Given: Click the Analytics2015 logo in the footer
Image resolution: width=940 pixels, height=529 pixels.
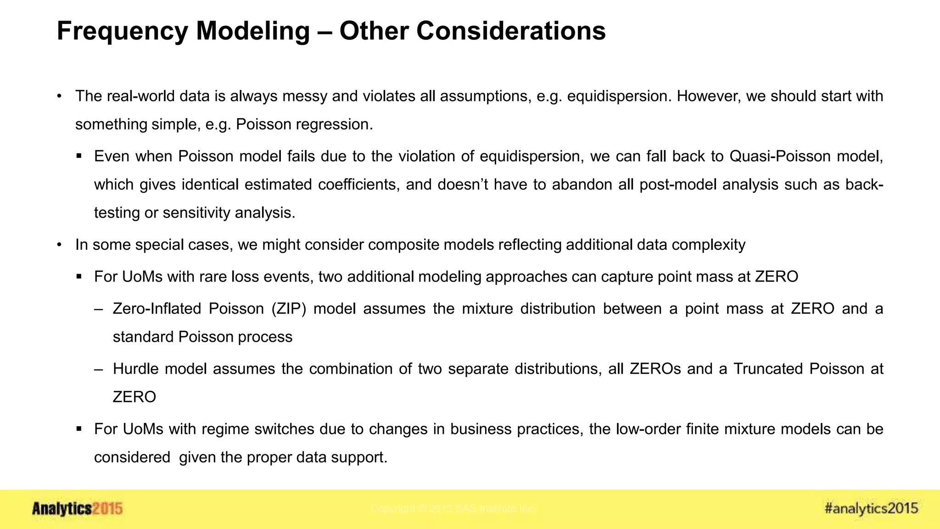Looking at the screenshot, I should (x=77, y=509).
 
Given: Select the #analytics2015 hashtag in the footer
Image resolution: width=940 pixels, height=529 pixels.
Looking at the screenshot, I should (x=871, y=508).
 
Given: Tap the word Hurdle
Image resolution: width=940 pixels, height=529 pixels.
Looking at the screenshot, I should (x=135, y=369).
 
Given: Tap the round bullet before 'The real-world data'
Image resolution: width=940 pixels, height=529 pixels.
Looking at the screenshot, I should (x=59, y=96).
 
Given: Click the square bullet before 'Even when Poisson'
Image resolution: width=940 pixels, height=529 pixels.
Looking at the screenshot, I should (x=79, y=157).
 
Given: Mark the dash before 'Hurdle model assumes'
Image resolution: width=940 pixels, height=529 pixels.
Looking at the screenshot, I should (x=98, y=369).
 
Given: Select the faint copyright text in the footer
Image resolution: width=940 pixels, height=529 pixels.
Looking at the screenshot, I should (x=452, y=509).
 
